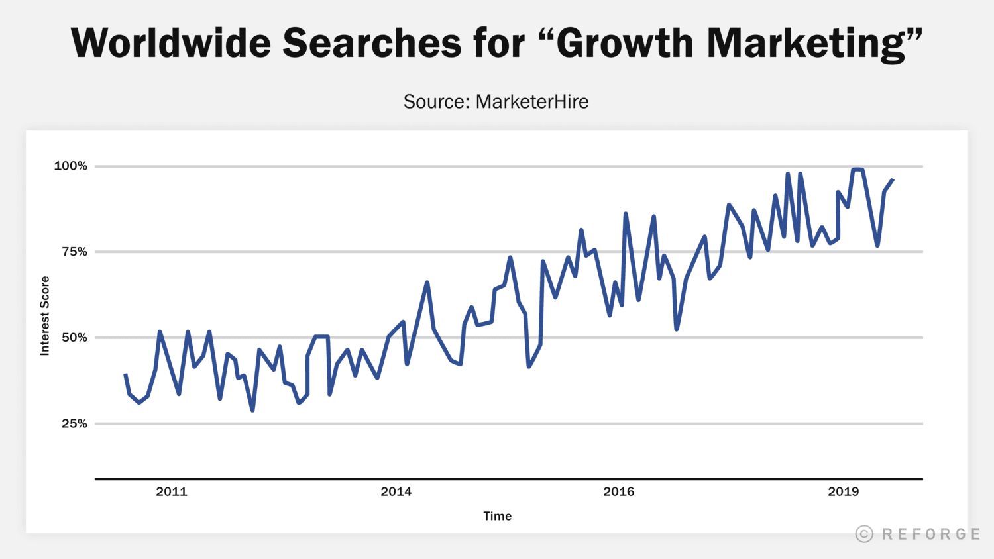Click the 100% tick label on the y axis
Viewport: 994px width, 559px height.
point(70,166)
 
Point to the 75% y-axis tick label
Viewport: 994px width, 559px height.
point(74,252)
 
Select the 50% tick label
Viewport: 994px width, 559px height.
point(74,337)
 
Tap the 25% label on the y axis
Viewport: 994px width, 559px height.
point(74,423)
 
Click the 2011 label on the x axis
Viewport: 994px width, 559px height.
point(172,491)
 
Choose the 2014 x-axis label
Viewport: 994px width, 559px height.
point(396,491)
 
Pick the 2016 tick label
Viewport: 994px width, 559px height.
point(618,491)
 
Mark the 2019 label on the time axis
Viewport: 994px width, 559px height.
point(843,491)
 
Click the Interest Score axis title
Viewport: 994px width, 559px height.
point(45,316)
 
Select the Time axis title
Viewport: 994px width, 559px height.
point(497,516)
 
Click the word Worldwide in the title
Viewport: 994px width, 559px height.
point(170,43)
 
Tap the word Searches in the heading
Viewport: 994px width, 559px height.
point(371,43)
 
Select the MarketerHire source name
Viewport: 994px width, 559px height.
point(532,101)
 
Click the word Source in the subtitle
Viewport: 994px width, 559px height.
point(436,101)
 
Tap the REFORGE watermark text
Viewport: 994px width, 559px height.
point(931,534)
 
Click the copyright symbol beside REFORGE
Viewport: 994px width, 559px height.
point(864,534)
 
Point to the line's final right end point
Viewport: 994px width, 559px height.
point(893,179)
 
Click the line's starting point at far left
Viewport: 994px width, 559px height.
point(125,374)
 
